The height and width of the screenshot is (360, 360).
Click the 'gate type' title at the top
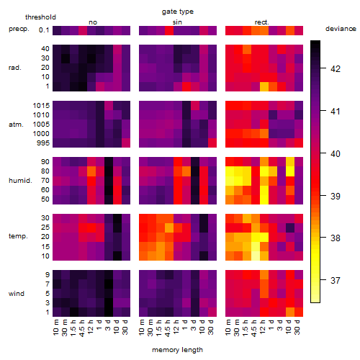(178, 12)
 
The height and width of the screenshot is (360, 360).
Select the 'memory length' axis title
(177, 350)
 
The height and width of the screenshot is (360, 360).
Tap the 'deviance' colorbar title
(341, 29)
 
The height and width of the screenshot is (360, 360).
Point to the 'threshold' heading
(40, 17)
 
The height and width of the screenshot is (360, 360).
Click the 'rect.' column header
(261, 22)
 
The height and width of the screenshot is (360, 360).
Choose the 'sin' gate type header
(177, 22)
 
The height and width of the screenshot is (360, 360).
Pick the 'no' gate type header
(93, 22)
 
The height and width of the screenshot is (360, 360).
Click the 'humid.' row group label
(20, 181)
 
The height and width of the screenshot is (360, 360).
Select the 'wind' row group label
(17, 294)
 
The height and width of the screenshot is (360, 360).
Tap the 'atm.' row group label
(16, 125)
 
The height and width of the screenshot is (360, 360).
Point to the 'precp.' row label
(19, 29)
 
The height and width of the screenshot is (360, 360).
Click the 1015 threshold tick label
(41, 106)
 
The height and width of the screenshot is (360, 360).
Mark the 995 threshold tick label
(43, 143)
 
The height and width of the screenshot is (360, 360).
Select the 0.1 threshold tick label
(44, 30)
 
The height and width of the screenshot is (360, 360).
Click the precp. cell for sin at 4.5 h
(169, 30)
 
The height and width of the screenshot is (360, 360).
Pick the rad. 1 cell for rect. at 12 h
(264, 86)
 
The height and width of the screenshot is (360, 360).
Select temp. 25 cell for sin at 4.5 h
(169, 228)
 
